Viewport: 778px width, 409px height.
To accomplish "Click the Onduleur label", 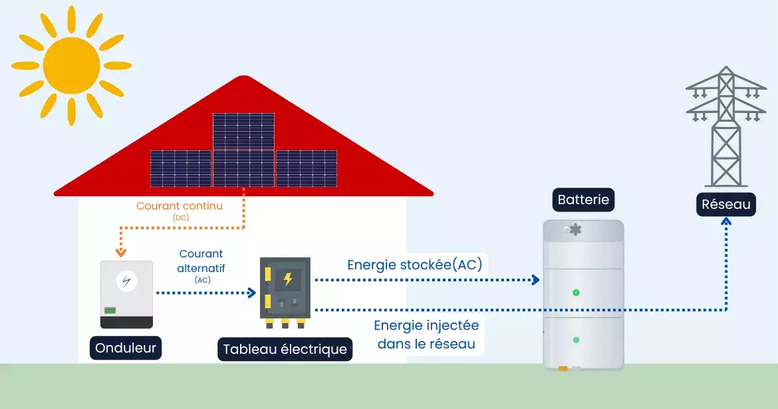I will click(x=126, y=348).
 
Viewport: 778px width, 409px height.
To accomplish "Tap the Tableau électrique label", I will click(x=285, y=349).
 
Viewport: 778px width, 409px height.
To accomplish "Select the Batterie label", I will click(x=583, y=200).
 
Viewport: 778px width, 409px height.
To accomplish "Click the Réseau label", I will click(x=726, y=204).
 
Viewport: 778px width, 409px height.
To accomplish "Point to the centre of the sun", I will click(x=71, y=65).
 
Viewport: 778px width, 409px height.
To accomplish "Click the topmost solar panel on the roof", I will click(x=243, y=131).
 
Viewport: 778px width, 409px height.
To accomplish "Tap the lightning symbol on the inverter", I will click(x=126, y=281).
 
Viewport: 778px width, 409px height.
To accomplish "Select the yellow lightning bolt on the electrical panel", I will click(x=288, y=279).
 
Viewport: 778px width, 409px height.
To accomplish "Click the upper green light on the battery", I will click(x=576, y=293).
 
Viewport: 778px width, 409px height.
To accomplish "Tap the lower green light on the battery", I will click(x=576, y=340).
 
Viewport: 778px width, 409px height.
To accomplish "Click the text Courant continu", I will click(x=180, y=206).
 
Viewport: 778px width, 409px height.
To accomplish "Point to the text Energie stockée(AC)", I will click(x=415, y=265).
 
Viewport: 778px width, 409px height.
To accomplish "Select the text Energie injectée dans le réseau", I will click(x=426, y=335).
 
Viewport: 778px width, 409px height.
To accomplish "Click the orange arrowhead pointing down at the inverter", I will click(x=120, y=253).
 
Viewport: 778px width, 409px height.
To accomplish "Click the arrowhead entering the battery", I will click(x=535, y=280).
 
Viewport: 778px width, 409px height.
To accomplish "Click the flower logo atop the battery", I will click(x=575, y=230).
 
